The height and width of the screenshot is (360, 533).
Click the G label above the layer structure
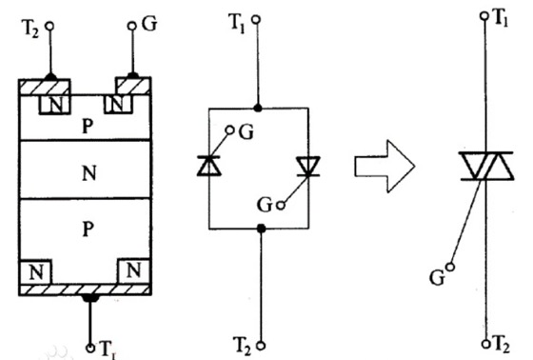150,21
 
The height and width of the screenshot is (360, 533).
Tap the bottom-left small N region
35,270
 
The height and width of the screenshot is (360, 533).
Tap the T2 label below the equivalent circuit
243,339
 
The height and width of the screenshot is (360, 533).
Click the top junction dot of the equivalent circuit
258,108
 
